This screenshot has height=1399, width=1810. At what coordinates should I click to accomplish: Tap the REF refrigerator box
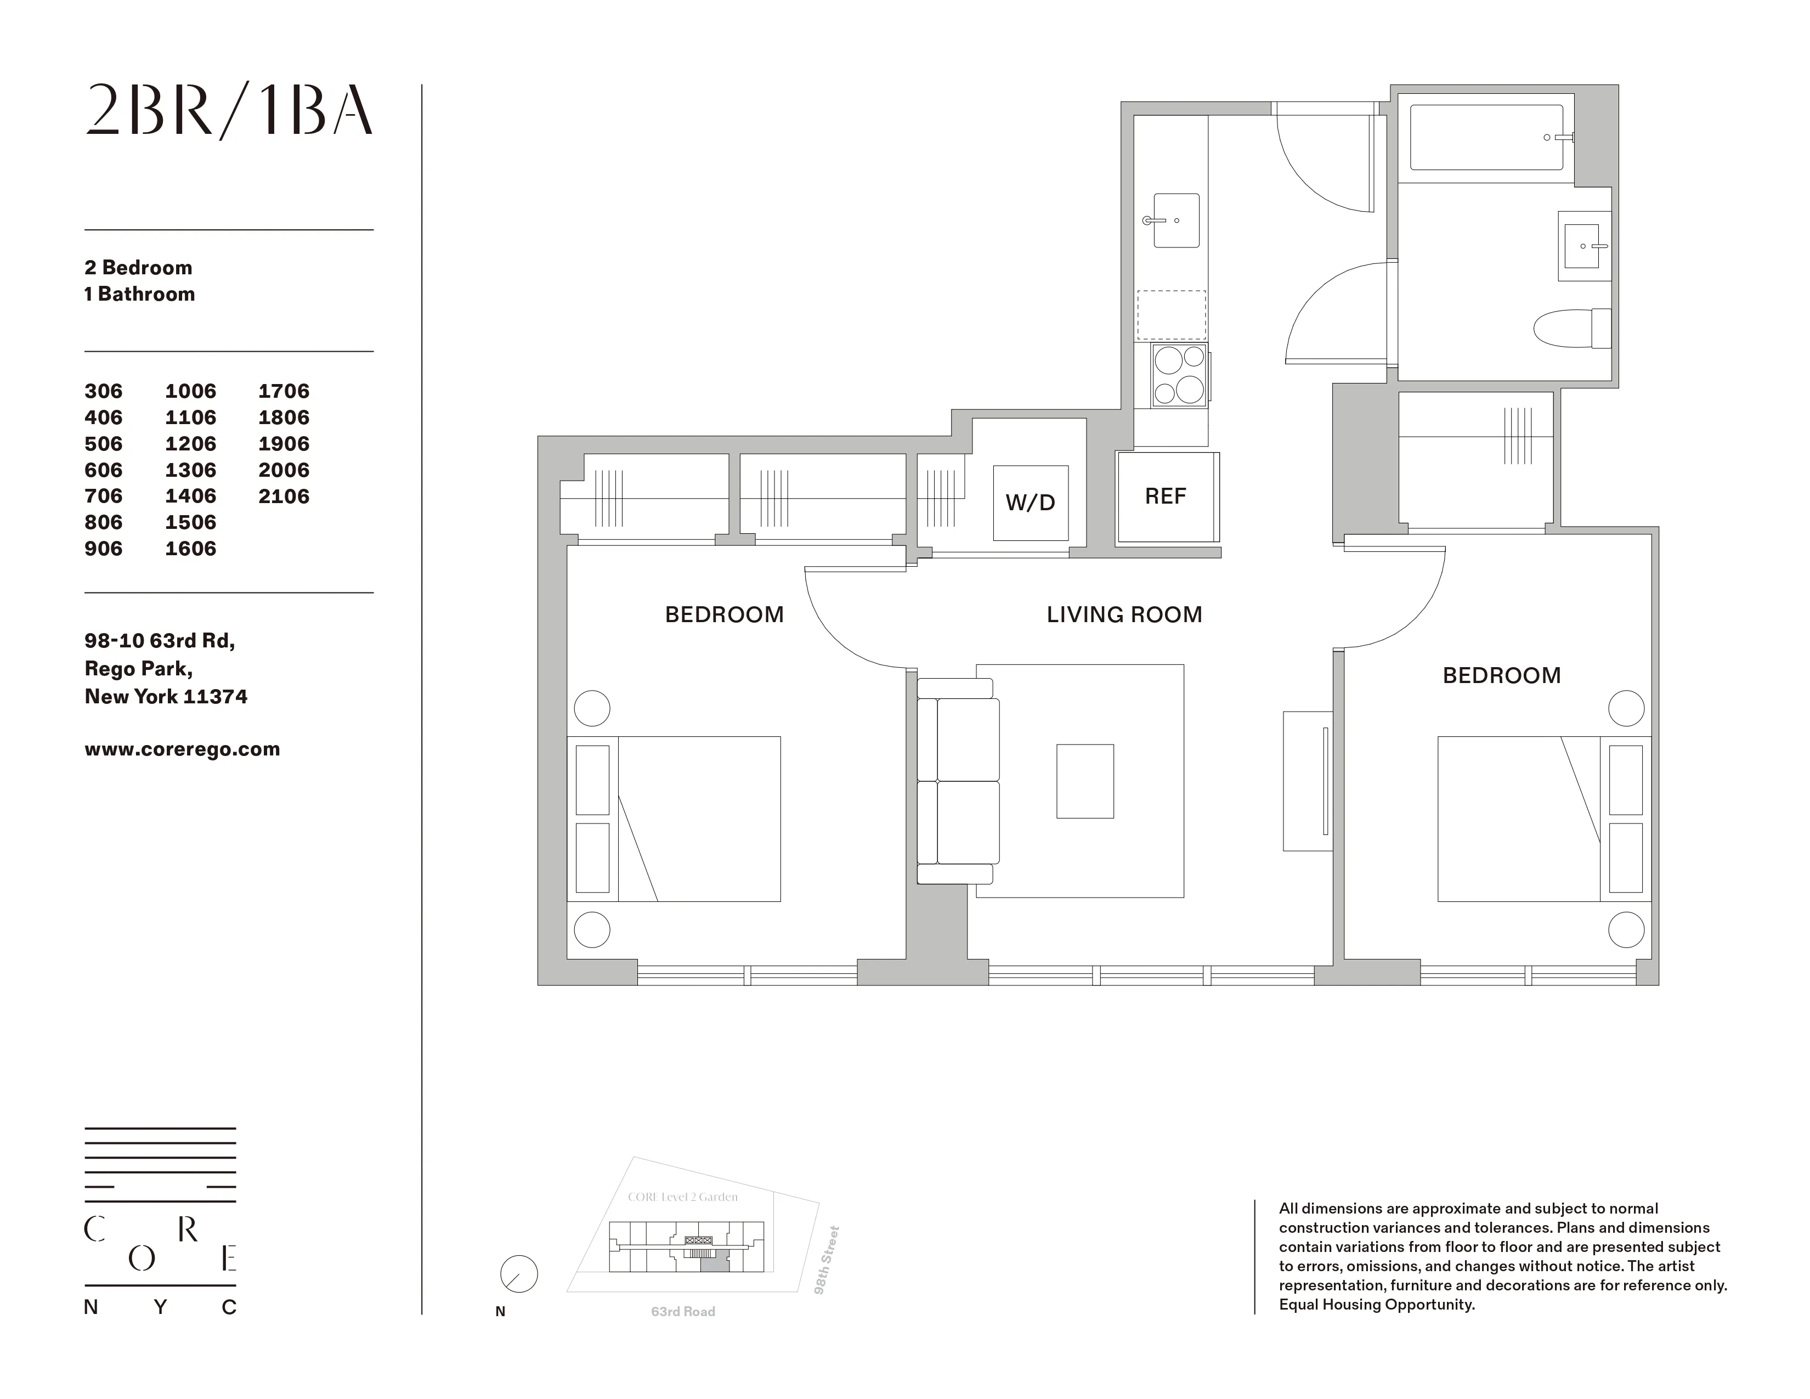(1165, 497)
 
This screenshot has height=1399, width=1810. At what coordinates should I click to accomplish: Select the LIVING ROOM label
(1124, 615)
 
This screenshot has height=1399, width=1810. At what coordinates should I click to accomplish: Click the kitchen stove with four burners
(1179, 375)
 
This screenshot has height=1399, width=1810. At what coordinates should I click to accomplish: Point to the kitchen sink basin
(1175, 221)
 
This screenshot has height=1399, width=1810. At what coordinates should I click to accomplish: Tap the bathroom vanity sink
(1583, 246)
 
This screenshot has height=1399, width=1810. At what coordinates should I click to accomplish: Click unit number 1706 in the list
(284, 391)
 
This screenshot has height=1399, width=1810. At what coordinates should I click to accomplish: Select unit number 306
(104, 391)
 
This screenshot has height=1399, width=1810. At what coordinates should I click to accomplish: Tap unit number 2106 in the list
(284, 497)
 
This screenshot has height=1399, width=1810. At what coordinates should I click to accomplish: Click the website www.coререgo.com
(182, 749)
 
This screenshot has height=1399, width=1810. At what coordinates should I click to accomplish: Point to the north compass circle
(519, 1274)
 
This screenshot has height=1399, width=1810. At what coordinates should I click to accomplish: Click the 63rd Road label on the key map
(683, 1312)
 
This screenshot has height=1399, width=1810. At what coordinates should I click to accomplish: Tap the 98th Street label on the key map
(827, 1260)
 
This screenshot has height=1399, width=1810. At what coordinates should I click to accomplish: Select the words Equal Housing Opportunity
(1377, 1305)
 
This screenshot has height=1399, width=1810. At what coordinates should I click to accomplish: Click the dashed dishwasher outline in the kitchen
(1171, 315)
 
